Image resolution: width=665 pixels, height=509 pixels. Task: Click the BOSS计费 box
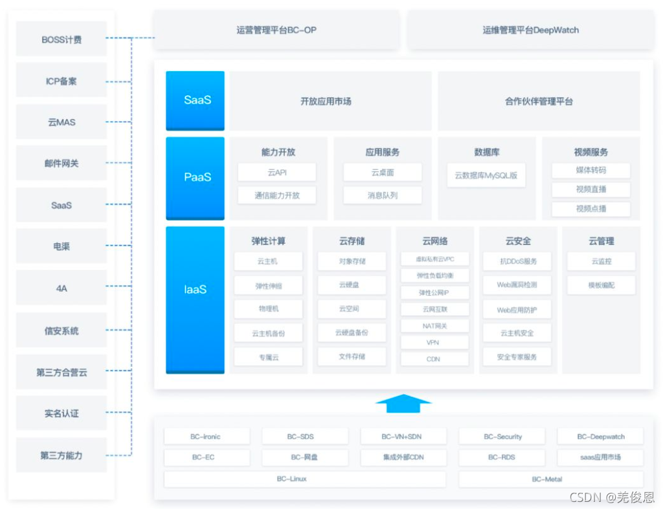(x=62, y=39)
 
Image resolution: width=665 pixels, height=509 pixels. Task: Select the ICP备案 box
(x=62, y=81)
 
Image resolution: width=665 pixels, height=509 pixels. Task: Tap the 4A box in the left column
(x=62, y=288)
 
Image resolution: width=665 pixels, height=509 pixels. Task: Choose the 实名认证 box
(x=62, y=413)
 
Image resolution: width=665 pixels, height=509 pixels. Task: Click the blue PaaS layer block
(x=195, y=177)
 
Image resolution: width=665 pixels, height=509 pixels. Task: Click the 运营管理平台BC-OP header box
(x=276, y=30)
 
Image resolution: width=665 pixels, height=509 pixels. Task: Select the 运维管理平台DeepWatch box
(x=530, y=30)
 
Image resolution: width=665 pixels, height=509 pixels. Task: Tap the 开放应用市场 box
(x=330, y=101)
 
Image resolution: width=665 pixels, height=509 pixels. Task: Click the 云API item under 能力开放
(x=276, y=173)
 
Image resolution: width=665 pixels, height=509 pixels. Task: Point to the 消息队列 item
(x=382, y=195)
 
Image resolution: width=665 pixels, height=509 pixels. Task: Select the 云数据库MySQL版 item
(x=486, y=175)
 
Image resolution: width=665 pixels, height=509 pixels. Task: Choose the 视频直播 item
(x=591, y=190)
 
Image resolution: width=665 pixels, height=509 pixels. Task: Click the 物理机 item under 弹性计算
(x=268, y=309)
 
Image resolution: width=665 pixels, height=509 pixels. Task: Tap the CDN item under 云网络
(x=434, y=358)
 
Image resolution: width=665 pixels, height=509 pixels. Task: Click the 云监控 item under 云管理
(x=601, y=261)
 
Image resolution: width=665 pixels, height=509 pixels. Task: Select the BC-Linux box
(x=304, y=479)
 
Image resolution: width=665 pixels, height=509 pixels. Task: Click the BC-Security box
(x=502, y=437)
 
